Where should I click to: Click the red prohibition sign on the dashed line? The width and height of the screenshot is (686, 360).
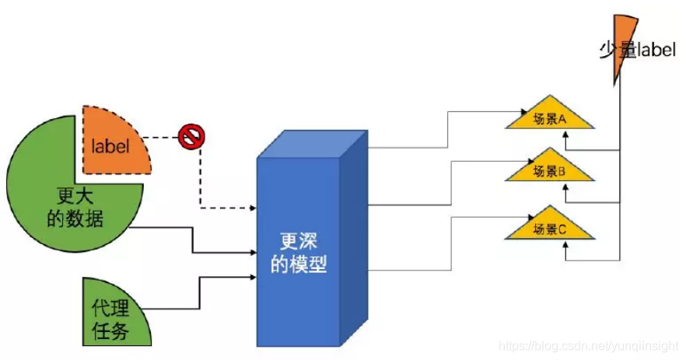click(190, 138)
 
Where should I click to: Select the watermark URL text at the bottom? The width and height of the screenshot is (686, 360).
click(588, 345)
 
